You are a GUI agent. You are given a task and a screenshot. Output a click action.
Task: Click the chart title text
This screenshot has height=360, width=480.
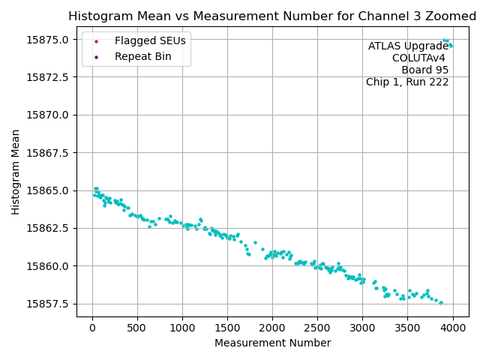coord(272,16)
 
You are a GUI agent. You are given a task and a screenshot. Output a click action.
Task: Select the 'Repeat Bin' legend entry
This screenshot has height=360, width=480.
coord(142,56)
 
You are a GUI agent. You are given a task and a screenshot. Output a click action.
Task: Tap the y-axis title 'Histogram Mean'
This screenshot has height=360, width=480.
coord(16,172)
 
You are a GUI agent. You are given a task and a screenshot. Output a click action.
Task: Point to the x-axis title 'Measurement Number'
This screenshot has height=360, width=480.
coord(272,343)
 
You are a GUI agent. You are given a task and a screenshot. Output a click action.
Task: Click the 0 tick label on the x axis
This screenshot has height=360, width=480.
coord(92,327)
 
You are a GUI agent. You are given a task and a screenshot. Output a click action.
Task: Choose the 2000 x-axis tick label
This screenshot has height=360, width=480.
coord(272,327)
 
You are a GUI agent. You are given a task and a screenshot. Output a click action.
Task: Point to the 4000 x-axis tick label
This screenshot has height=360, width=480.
coord(452,327)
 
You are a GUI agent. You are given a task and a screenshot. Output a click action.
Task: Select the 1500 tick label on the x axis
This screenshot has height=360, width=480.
coord(227,327)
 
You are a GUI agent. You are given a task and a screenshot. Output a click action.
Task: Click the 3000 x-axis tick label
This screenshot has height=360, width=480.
coord(362,327)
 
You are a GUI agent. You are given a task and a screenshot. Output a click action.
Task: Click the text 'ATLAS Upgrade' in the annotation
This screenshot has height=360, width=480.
coord(408,46)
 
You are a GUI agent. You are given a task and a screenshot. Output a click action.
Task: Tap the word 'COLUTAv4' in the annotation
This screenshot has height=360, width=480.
coord(420,58)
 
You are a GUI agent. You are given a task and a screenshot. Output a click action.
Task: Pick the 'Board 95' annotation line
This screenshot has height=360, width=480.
coord(424,70)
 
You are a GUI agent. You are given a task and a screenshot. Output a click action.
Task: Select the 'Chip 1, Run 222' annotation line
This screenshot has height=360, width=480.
coord(407,82)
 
